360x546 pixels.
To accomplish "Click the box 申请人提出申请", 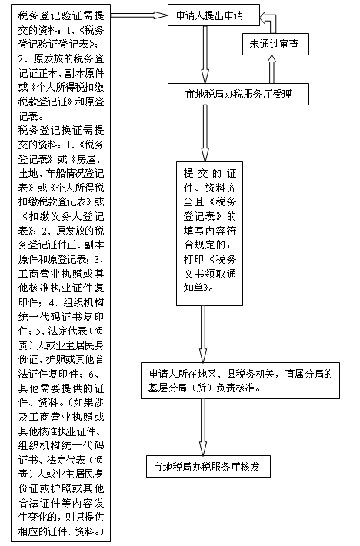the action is click(214, 15).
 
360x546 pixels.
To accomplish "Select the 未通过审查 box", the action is click(275, 45).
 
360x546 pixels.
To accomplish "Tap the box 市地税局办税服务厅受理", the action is click(238, 94).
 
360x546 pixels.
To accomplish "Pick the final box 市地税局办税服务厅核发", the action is click(208, 466).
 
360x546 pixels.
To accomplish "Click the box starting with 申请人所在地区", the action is click(240, 381).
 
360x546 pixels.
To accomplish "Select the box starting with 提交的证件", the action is click(209, 234).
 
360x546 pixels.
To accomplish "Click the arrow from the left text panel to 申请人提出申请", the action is click(139, 15).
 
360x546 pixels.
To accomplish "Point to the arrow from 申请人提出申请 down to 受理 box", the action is click(205, 55).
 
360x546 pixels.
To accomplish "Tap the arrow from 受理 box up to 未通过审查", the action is click(272, 69).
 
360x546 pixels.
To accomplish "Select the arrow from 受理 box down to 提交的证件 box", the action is click(205, 133).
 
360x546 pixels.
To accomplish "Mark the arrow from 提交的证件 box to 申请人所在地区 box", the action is click(203, 334).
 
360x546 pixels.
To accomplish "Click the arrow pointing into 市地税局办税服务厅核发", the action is click(203, 427).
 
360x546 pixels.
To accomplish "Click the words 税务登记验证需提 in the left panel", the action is click(62, 15).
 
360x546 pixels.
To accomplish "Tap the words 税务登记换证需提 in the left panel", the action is click(62, 130).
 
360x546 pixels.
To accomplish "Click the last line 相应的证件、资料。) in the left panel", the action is click(62, 531).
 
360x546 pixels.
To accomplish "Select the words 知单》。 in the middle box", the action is click(198, 288).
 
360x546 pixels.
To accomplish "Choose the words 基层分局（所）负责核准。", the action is click(205, 388).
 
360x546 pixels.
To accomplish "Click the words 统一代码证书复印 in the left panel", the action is click(62, 317).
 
